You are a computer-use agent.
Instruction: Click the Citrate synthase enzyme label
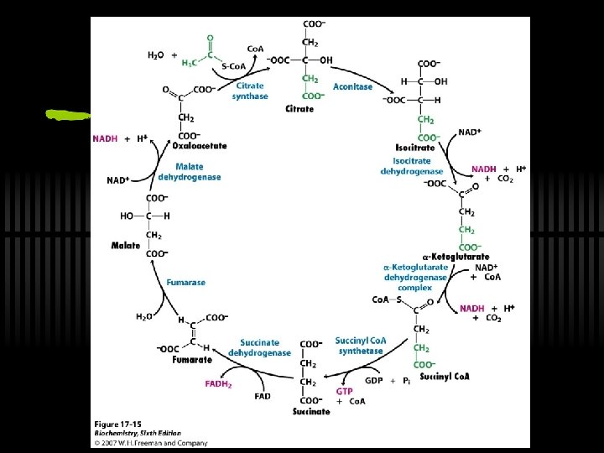[250, 91]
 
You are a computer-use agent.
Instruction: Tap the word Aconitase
[352, 86]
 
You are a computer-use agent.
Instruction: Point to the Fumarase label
[185, 283]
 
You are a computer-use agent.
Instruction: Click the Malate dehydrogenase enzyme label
[189, 171]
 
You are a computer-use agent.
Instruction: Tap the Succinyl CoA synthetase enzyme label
[360, 345]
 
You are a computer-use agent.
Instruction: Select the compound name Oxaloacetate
[200, 145]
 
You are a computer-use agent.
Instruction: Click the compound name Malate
[126, 245]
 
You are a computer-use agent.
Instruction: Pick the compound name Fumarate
[192, 359]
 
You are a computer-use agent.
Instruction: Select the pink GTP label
[344, 391]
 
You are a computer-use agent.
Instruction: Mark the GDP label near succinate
[374, 380]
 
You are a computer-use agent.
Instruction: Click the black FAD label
[263, 396]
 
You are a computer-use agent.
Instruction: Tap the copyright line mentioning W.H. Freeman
[151, 442]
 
